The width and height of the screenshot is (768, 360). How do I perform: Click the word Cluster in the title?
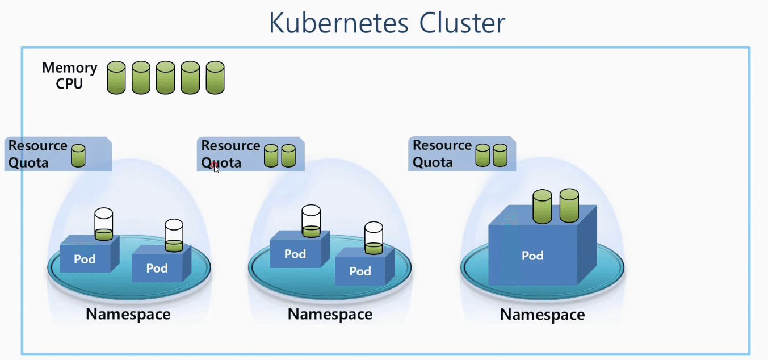coord(462,24)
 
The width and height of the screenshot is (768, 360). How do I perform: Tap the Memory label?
coord(69,68)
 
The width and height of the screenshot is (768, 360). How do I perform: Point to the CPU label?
coord(69,84)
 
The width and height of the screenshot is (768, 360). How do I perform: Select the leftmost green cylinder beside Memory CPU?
coord(116,77)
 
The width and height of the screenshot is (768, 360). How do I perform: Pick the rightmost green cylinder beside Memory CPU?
coord(215,77)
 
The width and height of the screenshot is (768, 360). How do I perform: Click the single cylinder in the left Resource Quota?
coord(78,156)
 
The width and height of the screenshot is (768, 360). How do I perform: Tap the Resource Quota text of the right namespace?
coord(442,154)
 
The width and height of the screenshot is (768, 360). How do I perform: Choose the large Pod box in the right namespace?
coord(532,256)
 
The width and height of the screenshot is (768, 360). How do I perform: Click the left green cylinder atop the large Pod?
coord(542,207)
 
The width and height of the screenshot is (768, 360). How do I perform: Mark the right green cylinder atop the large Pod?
coord(569,205)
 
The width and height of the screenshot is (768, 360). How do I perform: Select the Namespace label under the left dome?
coord(128,314)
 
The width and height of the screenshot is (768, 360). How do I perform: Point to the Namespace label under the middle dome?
coord(330,314)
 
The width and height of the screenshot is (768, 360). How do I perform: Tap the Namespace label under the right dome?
coord(542,315)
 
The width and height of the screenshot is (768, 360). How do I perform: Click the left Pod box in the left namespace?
coord(85,259)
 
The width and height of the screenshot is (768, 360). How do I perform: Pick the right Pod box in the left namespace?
coord(157,268)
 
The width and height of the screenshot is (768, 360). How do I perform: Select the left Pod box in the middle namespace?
coord(295,254)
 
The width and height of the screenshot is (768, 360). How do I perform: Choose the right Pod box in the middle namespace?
coord(360,271)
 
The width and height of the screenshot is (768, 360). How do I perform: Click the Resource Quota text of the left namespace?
coord(37,154)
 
